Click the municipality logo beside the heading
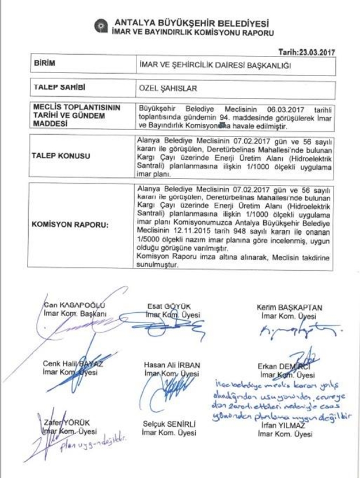(x=102, y=25)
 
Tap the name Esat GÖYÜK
(x=169, y=306)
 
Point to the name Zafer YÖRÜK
(x=65, y=422)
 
